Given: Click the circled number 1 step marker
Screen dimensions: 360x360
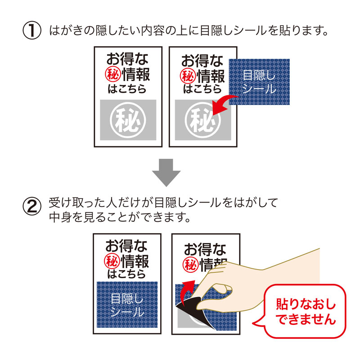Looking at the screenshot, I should pos(32,31).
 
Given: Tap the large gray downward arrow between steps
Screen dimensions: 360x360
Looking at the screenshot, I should pos(167,172).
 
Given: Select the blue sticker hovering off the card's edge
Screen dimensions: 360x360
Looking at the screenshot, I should pos(259,82).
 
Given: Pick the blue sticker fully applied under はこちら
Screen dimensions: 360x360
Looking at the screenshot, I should pos(127,304).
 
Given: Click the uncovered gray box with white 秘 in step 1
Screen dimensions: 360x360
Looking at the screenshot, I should pos(127,119).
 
